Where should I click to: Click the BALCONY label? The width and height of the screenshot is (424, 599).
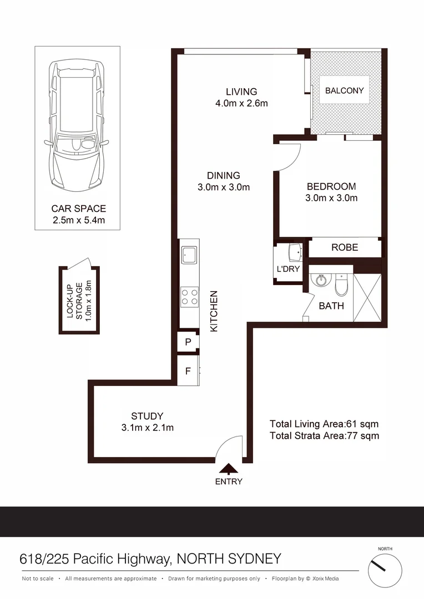coord(345,90)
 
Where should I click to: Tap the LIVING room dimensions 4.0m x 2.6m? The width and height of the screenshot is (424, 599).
coord(241,103)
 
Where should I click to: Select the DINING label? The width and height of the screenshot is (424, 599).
coord(224,175)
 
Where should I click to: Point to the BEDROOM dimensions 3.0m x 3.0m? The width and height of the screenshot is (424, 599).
coord(331,198)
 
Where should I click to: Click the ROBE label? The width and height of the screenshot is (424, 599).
coord(345,247)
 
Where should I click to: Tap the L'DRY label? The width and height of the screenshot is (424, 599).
coord(288,269)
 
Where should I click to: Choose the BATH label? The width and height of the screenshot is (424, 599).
coord(331,306)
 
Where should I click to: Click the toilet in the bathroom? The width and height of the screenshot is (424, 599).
coord(341,286)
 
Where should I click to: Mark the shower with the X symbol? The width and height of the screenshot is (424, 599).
coord(367,297)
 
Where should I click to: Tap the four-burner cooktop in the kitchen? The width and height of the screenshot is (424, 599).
coord(189,297)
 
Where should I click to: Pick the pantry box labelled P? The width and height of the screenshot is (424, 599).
coord(188,342)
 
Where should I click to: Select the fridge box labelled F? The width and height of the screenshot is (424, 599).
coord(188,370)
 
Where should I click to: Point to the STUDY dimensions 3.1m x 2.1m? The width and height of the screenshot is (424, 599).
coord(147,428)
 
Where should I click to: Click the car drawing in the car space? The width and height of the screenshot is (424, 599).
coord(77,125)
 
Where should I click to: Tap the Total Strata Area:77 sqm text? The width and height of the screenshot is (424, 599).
coord(325,436)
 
